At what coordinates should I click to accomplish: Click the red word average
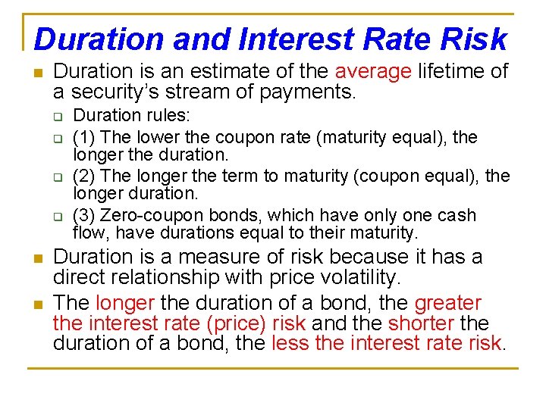[373, 72]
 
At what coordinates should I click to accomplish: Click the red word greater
[447, 304]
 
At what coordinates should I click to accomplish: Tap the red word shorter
[422, 324]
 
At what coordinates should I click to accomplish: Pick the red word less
[289, 345]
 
